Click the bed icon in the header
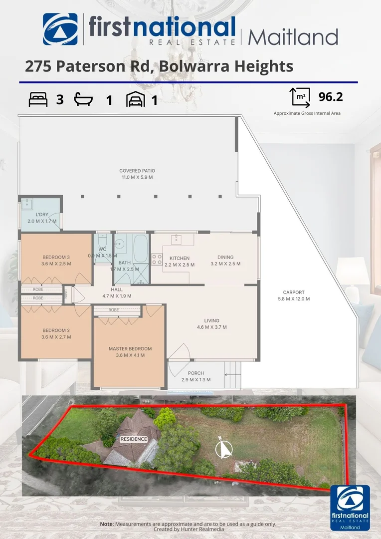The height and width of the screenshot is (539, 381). click(x=38, y=99)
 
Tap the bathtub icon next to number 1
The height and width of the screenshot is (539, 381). click(x=84, y=99)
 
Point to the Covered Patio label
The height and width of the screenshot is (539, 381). click(x=136, y=171)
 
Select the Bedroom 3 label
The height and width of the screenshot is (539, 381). click(x=56, y=257)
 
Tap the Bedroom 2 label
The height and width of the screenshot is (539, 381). click(x=56, y=330)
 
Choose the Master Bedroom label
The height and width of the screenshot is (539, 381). click(x=130, y=349)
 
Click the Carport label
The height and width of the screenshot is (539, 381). click(x=293, y=292)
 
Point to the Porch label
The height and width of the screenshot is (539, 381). click(x=195, y=373)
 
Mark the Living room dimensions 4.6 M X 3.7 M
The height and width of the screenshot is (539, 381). click(x=211, y=327)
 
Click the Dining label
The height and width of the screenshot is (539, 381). click(x=225, y=258)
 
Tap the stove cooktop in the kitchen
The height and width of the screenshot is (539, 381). click(x=157, y=259)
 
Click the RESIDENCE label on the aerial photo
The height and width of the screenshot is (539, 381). click(x=133, y=439)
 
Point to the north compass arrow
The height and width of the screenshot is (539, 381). click(x=224, y=448)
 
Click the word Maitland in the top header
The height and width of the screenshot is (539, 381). click(x=293, y=36)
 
